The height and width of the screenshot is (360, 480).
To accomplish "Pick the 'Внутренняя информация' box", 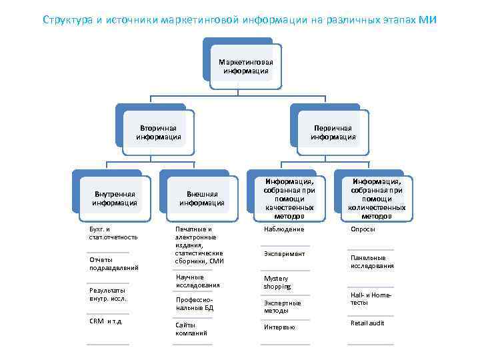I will coord(115,199).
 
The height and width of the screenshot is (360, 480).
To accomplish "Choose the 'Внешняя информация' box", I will coord(201,199).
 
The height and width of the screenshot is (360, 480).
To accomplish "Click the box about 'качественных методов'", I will coord(289,199).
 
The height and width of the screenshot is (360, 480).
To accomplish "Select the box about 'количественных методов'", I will coord(377,199).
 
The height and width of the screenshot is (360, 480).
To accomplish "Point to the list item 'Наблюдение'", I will coord(284,229).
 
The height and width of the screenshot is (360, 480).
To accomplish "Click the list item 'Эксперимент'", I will coord(284,254).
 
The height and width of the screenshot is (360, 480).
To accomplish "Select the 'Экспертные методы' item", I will coord(282,307).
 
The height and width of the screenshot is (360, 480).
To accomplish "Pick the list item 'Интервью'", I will coord(279,327).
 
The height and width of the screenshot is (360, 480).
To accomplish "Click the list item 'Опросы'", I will coord(363,229).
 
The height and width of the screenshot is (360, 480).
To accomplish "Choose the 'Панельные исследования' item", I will coord(372,262).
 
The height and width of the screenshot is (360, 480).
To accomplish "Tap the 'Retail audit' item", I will coord(367,323).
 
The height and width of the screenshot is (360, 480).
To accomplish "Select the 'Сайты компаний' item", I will coord(191,328).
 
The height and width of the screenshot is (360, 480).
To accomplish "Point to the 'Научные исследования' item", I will coord(197,281).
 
